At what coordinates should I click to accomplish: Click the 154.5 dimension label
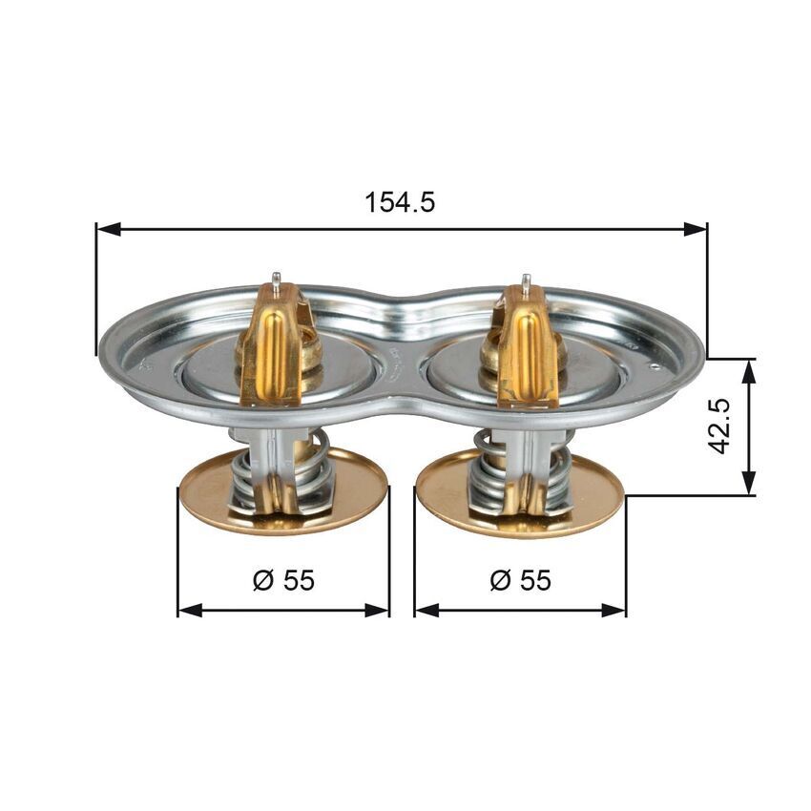click(x=400, y=201)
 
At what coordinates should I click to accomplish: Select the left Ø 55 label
click(x=283, y=579)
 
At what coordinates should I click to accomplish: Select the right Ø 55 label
click(x=520, y=579)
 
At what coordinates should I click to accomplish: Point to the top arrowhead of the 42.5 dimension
click(x=749, y=369)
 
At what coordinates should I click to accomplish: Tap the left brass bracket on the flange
click(x=272, y=348)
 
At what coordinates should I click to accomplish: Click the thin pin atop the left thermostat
click(x=275, y=281)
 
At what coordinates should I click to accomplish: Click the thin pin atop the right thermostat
click(x=526, y=283)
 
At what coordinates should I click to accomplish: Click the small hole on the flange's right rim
click(x=656, y=365)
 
